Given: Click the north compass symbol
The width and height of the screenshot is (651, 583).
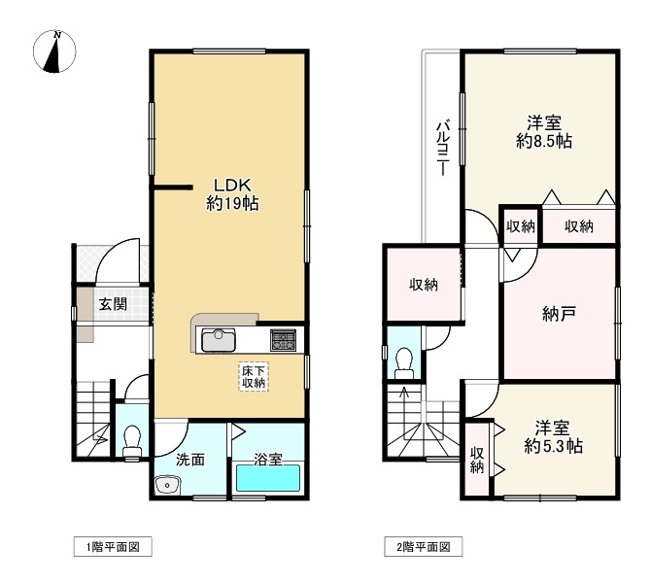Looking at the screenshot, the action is [x=54, y=51].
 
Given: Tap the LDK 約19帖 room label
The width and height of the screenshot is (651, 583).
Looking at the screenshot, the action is [x=232, y=194].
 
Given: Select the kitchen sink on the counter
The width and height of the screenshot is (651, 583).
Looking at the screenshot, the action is [x=219, y=340].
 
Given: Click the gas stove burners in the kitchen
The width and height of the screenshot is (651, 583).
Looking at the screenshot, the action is [x=284, y=339].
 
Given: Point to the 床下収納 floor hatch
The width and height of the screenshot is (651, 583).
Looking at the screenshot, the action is [x=254, y=376].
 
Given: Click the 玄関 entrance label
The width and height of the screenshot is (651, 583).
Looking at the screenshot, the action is [x=113, y=304].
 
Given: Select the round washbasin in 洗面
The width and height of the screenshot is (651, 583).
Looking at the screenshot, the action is [x=167, y=485].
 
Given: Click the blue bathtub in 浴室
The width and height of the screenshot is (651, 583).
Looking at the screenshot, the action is [x=268, y=478].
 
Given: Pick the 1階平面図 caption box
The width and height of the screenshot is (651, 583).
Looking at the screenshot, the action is [x=113, y=547].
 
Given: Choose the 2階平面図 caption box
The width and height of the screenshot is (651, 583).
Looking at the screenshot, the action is [x=423, y=547].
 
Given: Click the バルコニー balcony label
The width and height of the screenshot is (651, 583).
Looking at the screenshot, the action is [x=443, y=148].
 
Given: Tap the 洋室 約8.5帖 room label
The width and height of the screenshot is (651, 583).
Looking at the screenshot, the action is [x=544, y=132].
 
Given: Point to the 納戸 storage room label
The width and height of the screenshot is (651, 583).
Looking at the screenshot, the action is [x=559, y=314].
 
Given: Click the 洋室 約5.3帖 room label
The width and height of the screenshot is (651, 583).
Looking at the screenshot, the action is [x=553, y=437].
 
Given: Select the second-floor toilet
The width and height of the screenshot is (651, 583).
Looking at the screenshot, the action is [x=404, y=363].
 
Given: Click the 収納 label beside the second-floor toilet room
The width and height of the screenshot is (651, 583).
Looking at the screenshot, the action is [x=424, y=285].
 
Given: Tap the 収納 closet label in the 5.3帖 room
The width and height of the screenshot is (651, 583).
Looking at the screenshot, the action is [x=477, y=461].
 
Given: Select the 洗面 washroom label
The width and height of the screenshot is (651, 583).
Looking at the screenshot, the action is [x=190, y=460].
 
